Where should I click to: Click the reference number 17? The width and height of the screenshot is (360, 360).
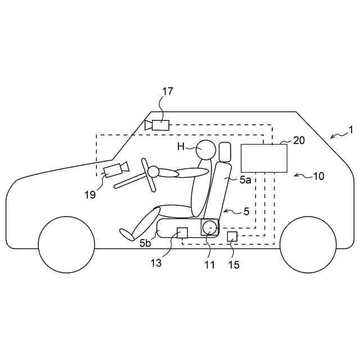point(168,91)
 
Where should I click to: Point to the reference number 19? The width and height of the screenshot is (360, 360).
point(91,195)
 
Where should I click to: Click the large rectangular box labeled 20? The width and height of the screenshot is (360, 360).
point(264,158)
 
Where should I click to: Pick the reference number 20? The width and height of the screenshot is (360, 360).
point(299,141)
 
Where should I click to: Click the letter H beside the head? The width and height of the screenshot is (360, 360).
point(181,147)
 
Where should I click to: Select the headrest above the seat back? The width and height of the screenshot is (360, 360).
point(225,151)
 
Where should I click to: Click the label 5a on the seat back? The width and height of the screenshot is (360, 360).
point(245,180)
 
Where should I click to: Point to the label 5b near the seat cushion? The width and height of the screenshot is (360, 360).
point(145,244)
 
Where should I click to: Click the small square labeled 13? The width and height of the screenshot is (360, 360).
point(182,232)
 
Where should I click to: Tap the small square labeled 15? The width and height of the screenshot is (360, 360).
point(232,236)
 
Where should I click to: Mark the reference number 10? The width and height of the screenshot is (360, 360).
point(318,176)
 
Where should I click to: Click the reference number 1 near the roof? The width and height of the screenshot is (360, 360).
point(350,130)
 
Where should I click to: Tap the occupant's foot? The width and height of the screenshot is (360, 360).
point(126,233)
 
